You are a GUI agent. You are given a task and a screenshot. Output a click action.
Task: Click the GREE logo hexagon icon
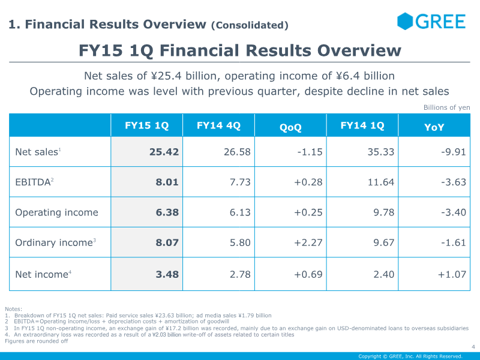406,21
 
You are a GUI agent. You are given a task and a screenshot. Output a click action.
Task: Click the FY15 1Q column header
146,126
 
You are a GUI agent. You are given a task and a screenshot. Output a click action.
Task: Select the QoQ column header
290,127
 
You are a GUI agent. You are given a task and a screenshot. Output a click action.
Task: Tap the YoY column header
434,127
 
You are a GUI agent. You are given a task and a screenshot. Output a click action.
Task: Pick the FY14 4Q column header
218,126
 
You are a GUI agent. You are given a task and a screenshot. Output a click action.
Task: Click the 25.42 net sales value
164,152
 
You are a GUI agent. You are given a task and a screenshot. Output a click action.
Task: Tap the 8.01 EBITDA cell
167,182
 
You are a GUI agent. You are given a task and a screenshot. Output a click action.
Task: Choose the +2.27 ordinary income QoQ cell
308,242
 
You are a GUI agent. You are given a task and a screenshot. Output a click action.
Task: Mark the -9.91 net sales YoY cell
453,152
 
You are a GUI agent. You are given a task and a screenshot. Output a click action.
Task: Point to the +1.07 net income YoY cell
451,274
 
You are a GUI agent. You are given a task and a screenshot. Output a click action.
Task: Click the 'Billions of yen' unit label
446,107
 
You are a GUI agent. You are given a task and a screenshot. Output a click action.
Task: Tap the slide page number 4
473,347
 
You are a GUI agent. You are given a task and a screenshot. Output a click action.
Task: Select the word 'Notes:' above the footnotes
13,308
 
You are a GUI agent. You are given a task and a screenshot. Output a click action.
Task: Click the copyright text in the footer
410,356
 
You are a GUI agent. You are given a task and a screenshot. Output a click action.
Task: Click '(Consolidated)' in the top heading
250,25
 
